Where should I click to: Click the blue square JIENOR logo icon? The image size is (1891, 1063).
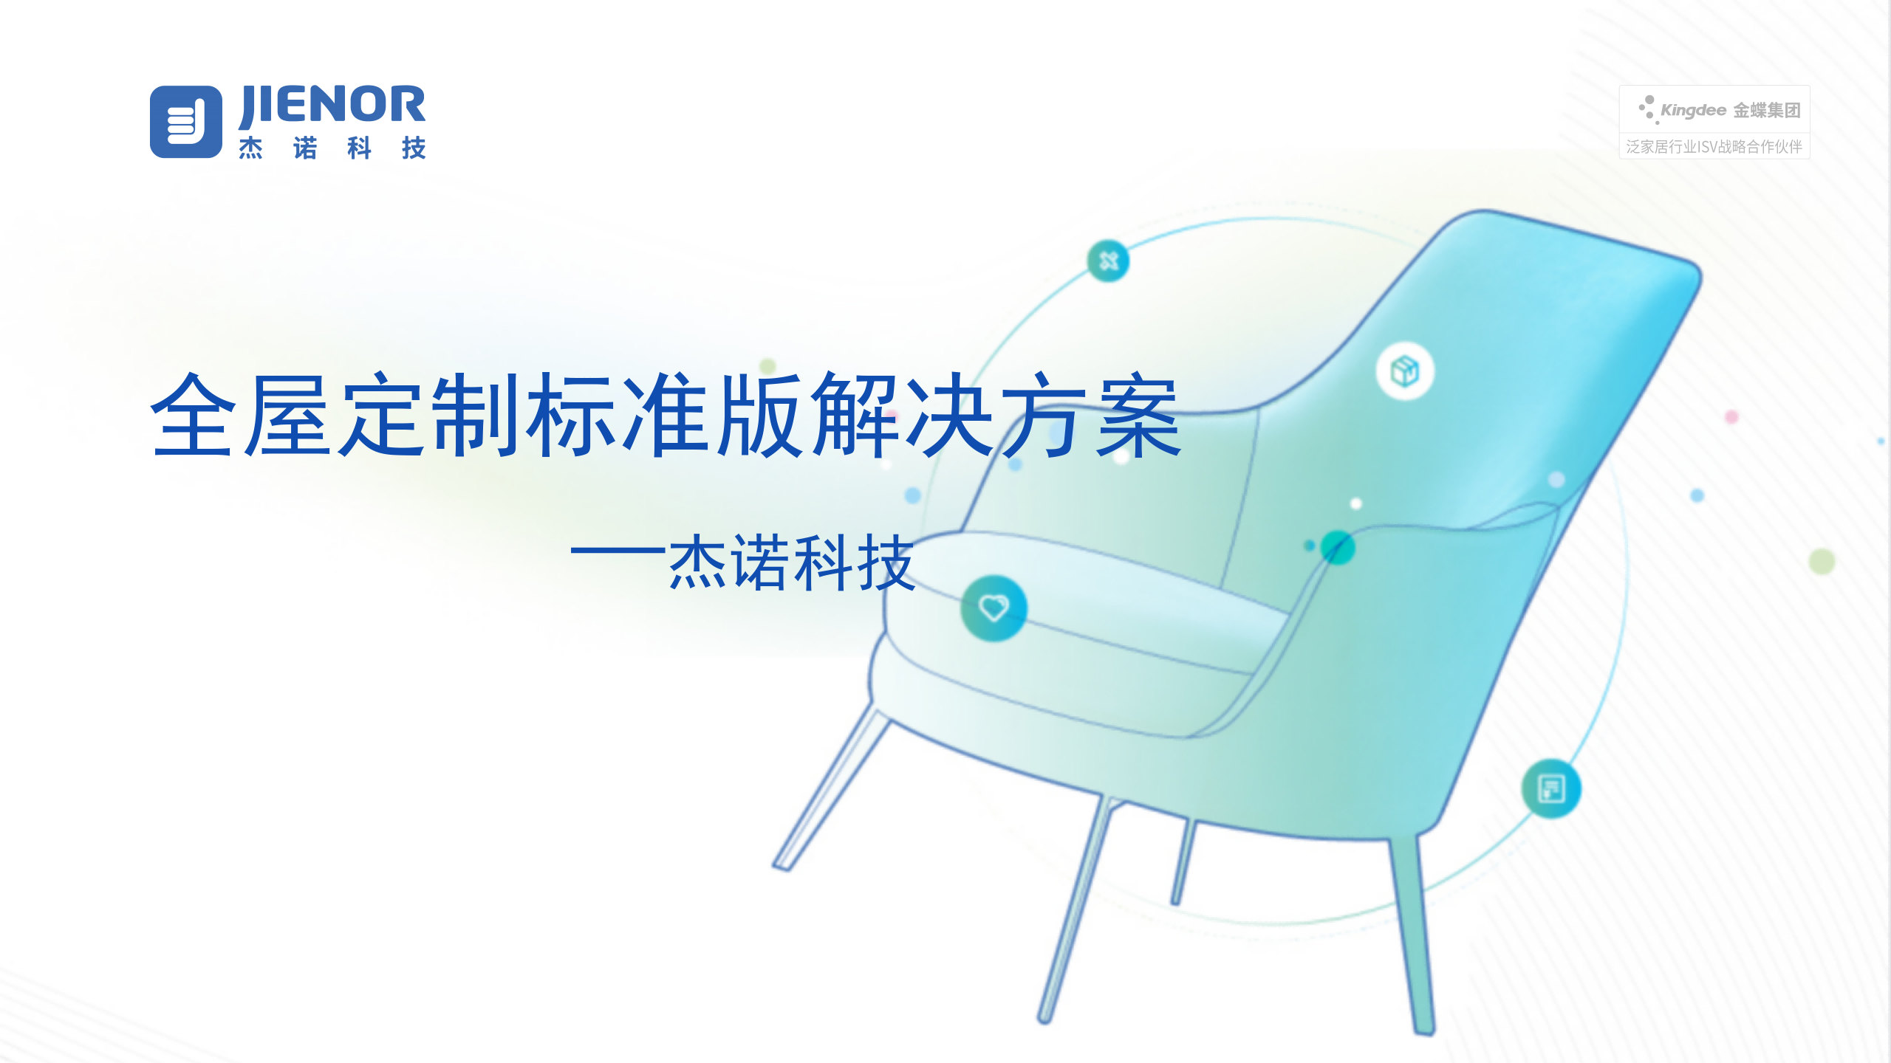(186, 122)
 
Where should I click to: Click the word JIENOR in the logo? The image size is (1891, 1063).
(332, 106)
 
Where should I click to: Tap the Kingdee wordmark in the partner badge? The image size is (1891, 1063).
(1693, 111)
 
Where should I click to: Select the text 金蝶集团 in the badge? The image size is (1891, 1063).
(1767, 111)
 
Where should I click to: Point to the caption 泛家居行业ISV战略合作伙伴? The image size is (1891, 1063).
(1714, 147)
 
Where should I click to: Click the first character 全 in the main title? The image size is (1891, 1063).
(194, 415)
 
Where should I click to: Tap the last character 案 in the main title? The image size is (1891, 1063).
(1139, 415)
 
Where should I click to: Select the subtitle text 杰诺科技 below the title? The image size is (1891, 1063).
(792, 563)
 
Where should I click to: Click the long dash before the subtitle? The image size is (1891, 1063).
(619, 551)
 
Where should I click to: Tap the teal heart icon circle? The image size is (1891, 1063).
(994, 608)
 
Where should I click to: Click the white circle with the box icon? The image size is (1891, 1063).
(1405, 371)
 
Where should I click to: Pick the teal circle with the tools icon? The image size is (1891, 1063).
(1108, 261)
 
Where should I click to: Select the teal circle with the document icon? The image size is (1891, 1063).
(1551, 788)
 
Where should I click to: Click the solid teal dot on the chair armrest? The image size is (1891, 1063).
(1338, 547)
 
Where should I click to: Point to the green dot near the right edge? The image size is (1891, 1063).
(1822, 562)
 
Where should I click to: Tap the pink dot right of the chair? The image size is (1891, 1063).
(1731, 416)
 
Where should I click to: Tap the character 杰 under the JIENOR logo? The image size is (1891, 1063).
(251, 148)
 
